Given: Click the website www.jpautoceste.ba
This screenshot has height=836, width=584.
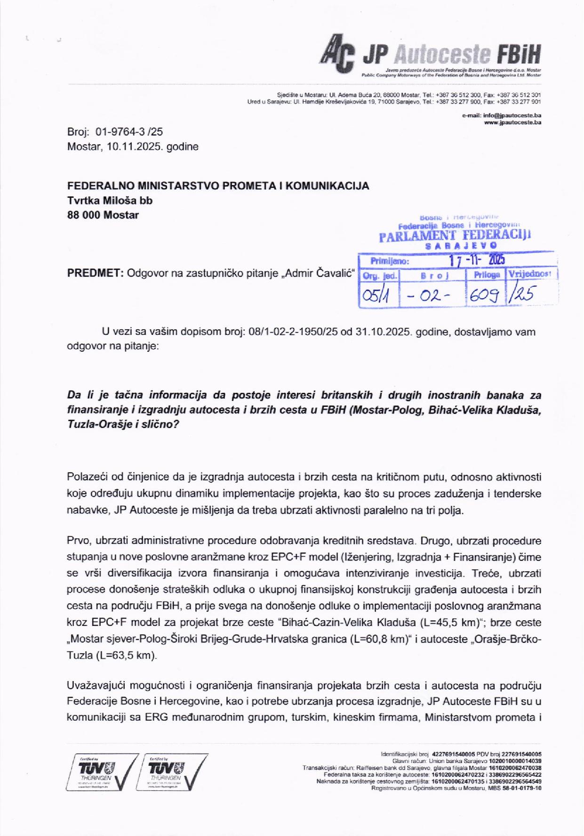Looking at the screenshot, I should pos(512,122).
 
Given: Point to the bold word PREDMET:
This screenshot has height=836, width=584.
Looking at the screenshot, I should pos(95,273).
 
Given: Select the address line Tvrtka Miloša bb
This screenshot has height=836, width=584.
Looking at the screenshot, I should pos(110,200).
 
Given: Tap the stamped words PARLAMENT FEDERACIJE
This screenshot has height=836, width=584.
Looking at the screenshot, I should pos(455,235).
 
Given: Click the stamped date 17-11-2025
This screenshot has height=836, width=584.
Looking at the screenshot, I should pos(476,260).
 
